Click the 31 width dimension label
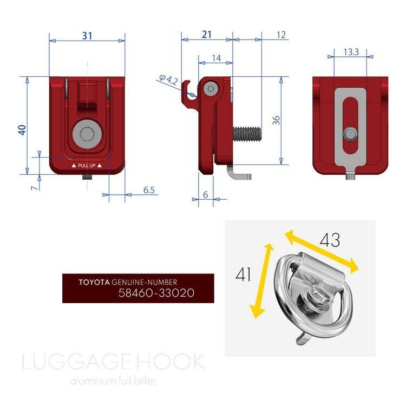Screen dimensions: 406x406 pos(87,36)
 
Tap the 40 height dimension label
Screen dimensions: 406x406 pos(22,129)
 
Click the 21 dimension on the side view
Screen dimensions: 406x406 pos(206,35)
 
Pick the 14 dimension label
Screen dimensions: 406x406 pos(215,58)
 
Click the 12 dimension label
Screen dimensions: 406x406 pos(280,35)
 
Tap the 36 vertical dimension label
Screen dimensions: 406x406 pos(276,120)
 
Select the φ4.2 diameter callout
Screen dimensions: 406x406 pos(169,81)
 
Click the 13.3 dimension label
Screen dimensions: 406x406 pos(351,52)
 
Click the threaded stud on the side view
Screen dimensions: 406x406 pos(247,132)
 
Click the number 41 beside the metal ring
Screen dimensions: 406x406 pos(244,274)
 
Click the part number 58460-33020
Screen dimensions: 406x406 pos(156,293)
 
